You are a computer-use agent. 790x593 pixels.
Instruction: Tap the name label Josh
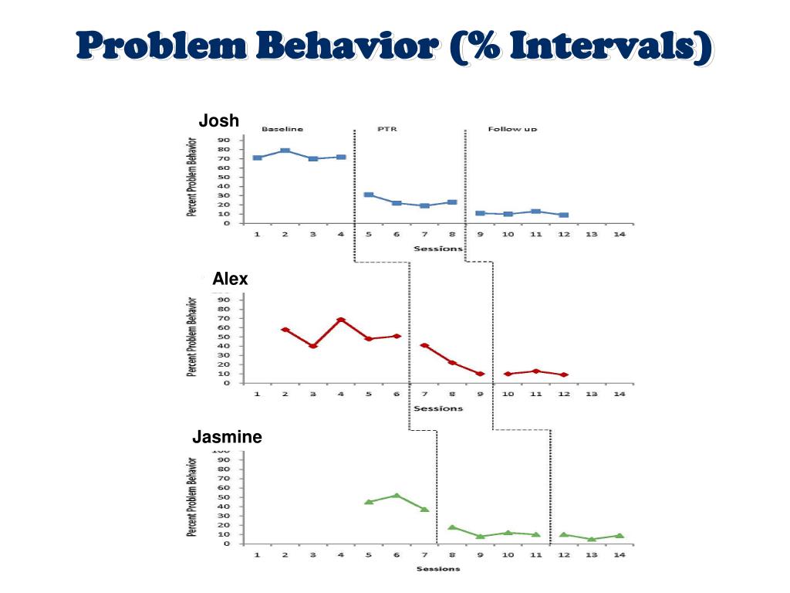pos(219,120)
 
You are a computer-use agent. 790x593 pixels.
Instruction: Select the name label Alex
pos(230,279)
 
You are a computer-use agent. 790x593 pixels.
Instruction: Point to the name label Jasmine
pos(227,438)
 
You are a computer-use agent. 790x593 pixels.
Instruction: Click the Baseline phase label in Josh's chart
pos(282,129)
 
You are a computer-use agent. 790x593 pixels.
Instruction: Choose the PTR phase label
pos(387,129)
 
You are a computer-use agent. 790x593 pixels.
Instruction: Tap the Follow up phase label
pos(512,129)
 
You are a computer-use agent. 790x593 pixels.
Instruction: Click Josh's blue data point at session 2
pos(285,151)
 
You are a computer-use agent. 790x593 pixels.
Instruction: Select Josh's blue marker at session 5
pos(369,195)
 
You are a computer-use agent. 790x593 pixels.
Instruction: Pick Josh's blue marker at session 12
pos(564,215)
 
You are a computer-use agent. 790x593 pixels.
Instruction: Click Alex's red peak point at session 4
pos(341,320)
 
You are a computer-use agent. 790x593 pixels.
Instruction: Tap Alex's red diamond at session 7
pos(424,346)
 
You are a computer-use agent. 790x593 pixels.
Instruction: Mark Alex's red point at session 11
pos(535,371)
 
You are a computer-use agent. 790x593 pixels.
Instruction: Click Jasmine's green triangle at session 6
pos(397,496)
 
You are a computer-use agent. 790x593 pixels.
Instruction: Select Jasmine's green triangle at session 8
pos(452,527)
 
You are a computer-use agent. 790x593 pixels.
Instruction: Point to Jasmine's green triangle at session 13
pos(591,539)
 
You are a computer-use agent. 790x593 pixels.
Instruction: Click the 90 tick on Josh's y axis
pos(225,141)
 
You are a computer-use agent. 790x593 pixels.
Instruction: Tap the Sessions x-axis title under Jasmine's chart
pos(437,569)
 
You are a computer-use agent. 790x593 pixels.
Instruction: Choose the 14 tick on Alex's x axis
pos(619,394)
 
